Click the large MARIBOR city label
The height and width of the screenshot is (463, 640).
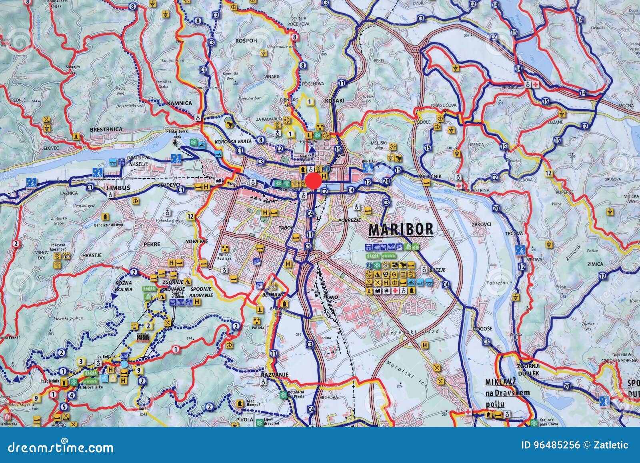[x=400, y=229]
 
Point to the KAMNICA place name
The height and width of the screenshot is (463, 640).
[x=180, y=103]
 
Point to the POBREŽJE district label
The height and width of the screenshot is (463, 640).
[x=350, y=220]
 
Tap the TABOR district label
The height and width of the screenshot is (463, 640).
[x=286, y=228]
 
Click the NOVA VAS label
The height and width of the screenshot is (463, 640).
[x=194, y=242]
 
